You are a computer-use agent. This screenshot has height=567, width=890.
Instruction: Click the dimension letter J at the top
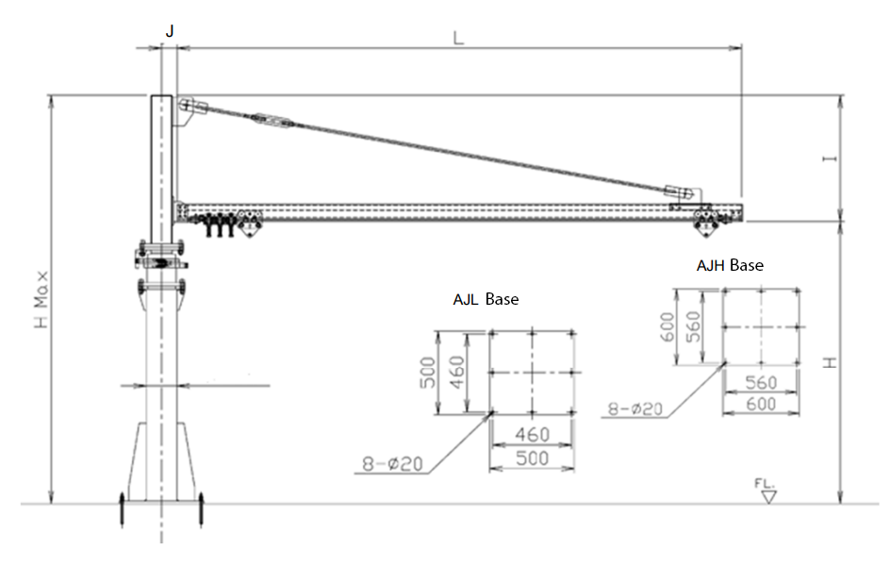point(170,31)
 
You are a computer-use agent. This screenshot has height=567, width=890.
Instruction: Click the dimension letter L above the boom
point(458,38)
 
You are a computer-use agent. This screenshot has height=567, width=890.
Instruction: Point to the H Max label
point(41,300)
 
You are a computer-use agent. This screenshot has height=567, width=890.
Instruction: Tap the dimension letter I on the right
point(830,158)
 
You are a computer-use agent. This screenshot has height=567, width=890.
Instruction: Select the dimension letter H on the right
point(830,362)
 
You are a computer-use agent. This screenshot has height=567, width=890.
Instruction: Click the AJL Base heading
point(486,299)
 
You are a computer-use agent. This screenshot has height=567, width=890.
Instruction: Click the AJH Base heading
point(730,265)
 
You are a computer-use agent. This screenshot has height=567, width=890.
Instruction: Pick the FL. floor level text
point(765,483)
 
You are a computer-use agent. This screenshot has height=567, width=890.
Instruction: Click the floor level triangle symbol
point(769,497)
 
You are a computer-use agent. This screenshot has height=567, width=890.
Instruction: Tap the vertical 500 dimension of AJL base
point(428,373)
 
